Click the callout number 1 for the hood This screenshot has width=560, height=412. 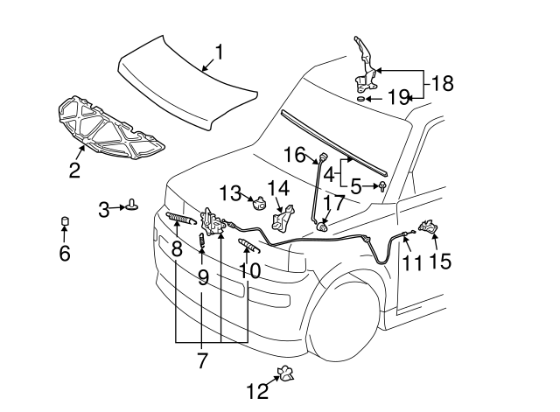pos(219,53)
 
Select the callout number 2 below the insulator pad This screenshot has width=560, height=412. pos(74,171)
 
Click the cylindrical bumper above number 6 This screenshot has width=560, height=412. pos(64,220)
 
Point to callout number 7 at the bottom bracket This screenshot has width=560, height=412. pos(203,360)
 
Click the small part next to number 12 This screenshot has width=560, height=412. pos(283,374)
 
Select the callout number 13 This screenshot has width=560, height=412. pos(230,192)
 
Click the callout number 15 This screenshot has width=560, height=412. pos(440,261)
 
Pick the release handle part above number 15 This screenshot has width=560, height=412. pos(430,229)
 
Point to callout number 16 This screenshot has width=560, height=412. pos(293,156)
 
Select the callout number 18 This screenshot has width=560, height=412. pos(442,84)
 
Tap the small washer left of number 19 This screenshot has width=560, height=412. pos(360,100)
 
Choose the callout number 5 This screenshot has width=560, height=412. pos(356,186)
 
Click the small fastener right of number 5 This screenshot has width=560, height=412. pos(383,186)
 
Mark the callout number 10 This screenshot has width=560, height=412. pos(249,270)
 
